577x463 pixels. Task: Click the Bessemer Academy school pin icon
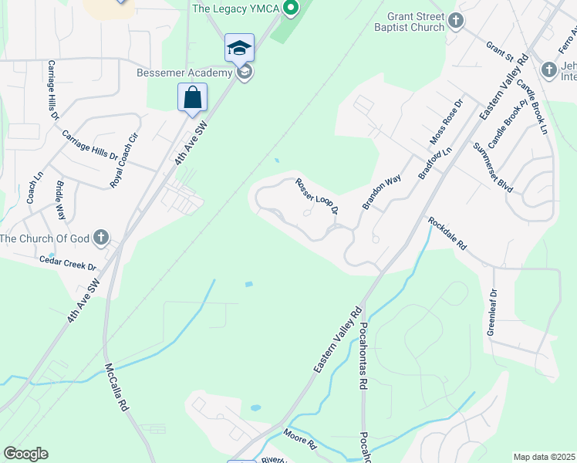coord(239,48)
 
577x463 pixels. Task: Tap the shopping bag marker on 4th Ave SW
coord(192,98)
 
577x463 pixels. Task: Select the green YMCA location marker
coord(291,9)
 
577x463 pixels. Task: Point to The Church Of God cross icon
coord(101,238)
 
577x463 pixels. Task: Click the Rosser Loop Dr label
coord(317,197)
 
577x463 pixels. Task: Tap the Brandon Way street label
coord(383,191)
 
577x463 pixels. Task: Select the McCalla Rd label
coord(119,390)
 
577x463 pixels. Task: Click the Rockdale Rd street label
coord(448,233)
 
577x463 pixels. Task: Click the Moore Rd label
coord(301,440)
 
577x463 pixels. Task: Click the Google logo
coord(26,454)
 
